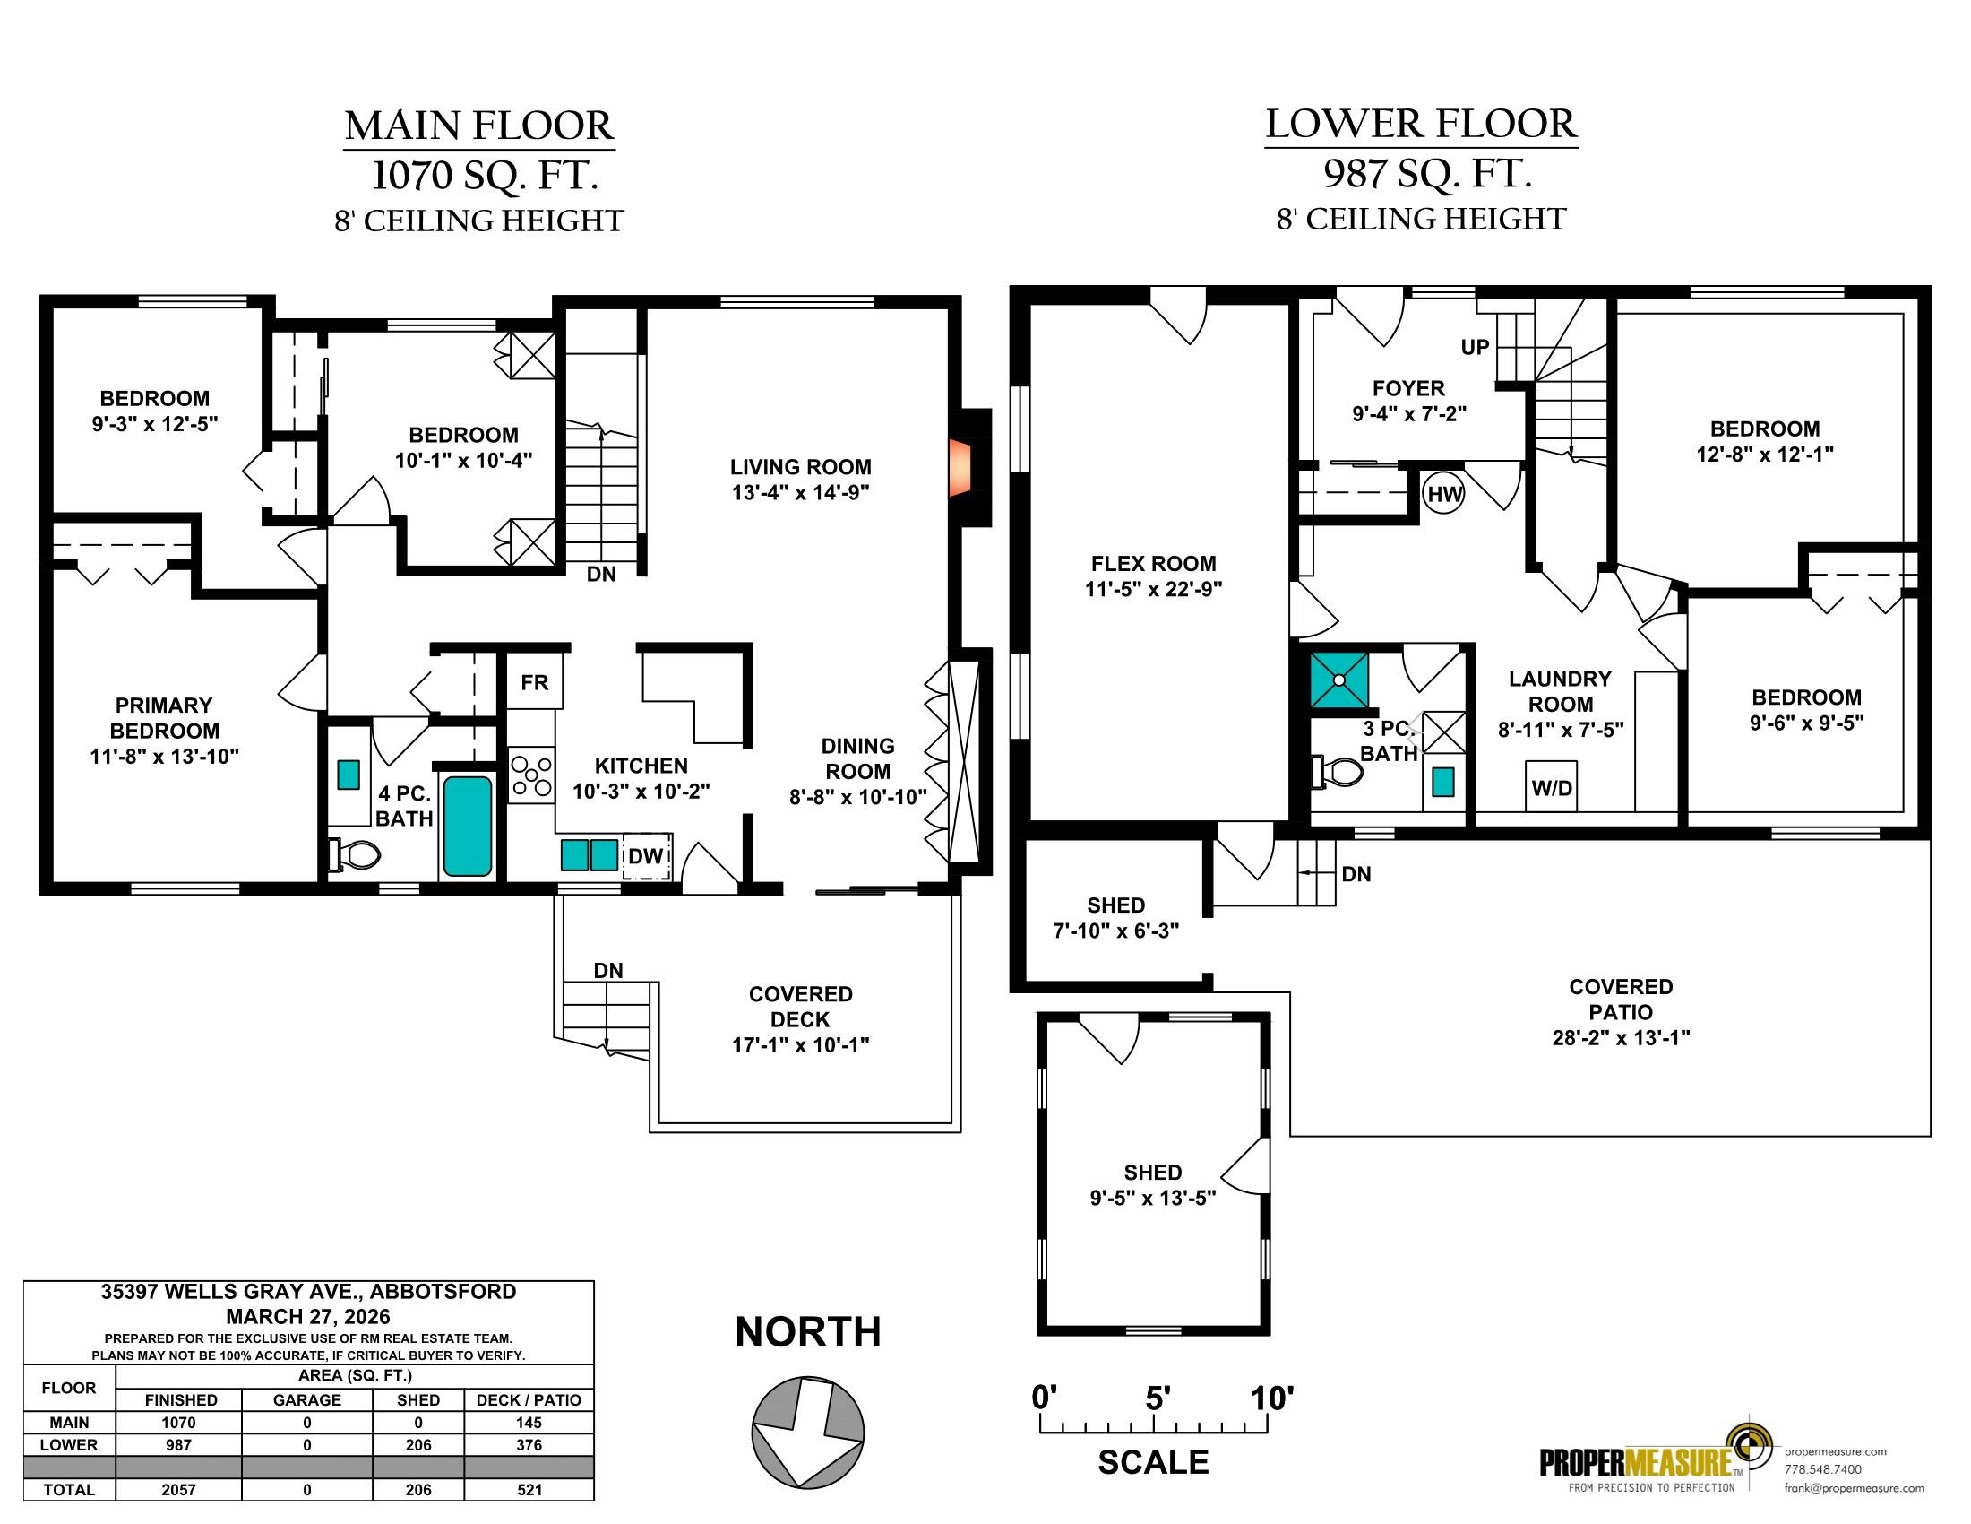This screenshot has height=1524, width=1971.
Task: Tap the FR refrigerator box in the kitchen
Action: click(x=534, y=681)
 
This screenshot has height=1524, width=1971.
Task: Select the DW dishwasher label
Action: click(x=646, y=856)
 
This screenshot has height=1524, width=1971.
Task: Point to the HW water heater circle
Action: click(x=1444, y=494)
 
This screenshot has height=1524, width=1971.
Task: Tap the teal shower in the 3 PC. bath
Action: click(x=1339, y=679)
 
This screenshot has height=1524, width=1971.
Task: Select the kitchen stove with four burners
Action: click(x=530, y=775)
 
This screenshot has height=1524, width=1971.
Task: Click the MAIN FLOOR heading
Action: click(x=479, y=126)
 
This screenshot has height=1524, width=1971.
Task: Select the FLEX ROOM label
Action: click(x=1153, y=563)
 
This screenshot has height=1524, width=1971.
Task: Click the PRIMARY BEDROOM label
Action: click(x=164, y=718)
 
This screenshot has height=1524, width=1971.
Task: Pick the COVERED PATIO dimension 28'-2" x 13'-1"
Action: click(x=1621, y=1037)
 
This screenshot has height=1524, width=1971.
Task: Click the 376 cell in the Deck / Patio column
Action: click(x=529, y=1444)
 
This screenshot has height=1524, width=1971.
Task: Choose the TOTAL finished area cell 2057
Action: click(x=178, y=1490)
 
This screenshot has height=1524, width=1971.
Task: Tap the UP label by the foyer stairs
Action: click(x=1475, y=347)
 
